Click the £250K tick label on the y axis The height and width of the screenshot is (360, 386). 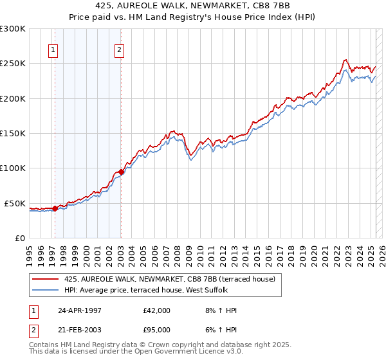pos(13,64)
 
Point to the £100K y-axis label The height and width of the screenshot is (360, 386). pos(13,168)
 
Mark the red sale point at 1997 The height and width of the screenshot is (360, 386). pos(55,208)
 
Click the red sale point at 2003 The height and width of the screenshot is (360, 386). pos(121,172)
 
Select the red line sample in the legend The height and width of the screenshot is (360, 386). pos(46,279)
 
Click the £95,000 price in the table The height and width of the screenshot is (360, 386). pos(157,328)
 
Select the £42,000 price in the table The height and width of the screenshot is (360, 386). pos(157,310)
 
